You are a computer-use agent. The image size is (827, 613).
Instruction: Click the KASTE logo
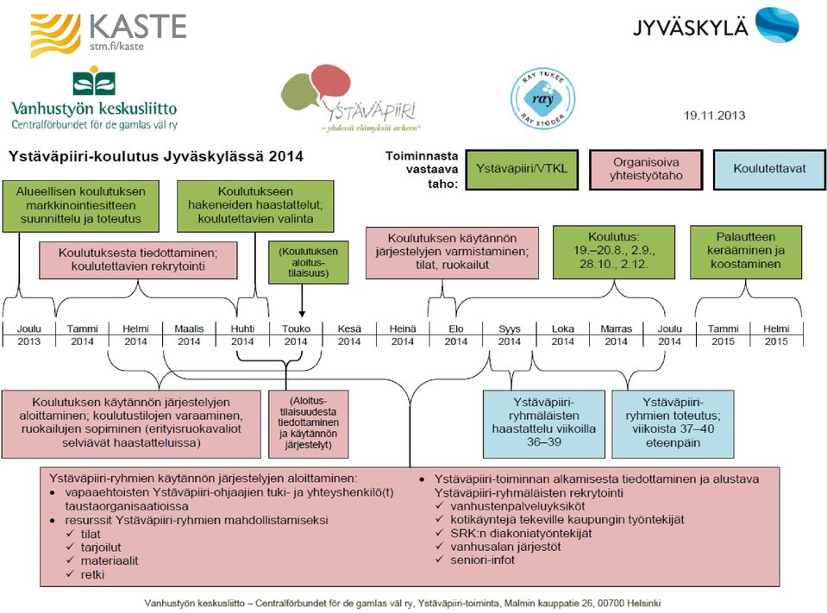point(109,34)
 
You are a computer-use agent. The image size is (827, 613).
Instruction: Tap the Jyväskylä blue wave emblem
point(777,24)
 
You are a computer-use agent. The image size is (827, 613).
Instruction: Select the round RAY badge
point(542,98)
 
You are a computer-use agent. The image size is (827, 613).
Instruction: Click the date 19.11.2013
point(714,116)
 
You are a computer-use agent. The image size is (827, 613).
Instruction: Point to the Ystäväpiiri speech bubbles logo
point(348,98)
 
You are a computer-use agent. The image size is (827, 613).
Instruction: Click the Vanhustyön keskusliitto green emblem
point(94,81)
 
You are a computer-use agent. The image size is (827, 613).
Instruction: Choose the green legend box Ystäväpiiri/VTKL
point(522,169)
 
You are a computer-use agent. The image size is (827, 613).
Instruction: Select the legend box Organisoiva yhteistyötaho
point(646,169)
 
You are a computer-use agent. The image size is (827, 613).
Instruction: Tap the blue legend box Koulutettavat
point(769,169)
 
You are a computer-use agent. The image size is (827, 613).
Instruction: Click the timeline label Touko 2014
point(296,335)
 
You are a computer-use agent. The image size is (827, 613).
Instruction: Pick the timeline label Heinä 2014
point(403,335)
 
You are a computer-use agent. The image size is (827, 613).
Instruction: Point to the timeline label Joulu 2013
point(29,335)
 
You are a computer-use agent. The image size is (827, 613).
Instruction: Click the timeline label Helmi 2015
point(776,335)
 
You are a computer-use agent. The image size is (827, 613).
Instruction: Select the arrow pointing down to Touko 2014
point(302,301)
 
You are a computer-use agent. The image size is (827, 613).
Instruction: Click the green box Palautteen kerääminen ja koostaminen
point(746,252)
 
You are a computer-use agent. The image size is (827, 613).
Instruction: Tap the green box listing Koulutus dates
point(614,252)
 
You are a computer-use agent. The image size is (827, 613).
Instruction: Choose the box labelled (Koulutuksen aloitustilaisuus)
point(309,262)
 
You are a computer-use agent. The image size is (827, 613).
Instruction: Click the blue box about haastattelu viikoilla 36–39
point(544,424)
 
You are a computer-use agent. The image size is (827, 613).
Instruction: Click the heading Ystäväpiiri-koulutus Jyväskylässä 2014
point(156,157)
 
